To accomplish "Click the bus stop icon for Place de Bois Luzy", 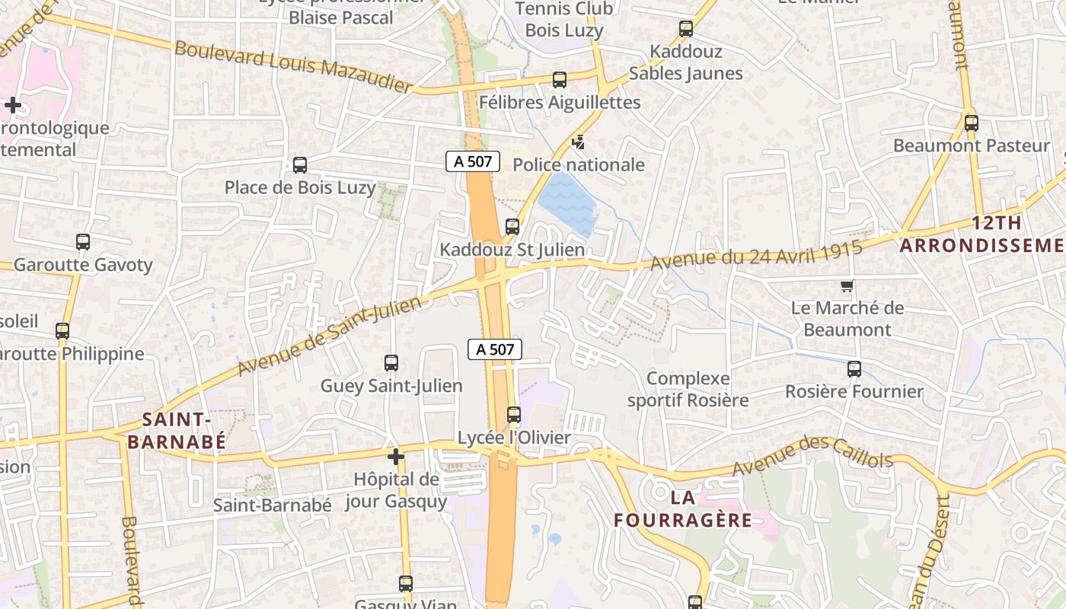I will [300, 164].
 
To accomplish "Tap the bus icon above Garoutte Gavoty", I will [83, 242].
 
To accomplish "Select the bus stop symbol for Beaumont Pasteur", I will [971, 123].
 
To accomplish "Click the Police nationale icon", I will [579, 142].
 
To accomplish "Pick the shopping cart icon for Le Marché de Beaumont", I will [847, 286].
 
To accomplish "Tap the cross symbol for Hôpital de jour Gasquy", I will [395, 457].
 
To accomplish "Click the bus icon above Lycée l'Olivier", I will [514, 415].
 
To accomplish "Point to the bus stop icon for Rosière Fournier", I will [854, 369].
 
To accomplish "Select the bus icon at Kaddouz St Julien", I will [512, 226].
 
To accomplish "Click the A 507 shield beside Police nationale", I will [473, 161].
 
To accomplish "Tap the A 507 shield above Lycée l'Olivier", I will [495, 349].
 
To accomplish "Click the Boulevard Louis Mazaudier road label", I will [294, 66].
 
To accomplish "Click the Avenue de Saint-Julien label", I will [330, 336].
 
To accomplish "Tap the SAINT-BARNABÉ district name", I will [176, 430].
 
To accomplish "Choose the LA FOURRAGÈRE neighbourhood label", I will [683, 509].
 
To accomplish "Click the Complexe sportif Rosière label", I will [688, 389].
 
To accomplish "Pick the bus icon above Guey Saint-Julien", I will [391, 363].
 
